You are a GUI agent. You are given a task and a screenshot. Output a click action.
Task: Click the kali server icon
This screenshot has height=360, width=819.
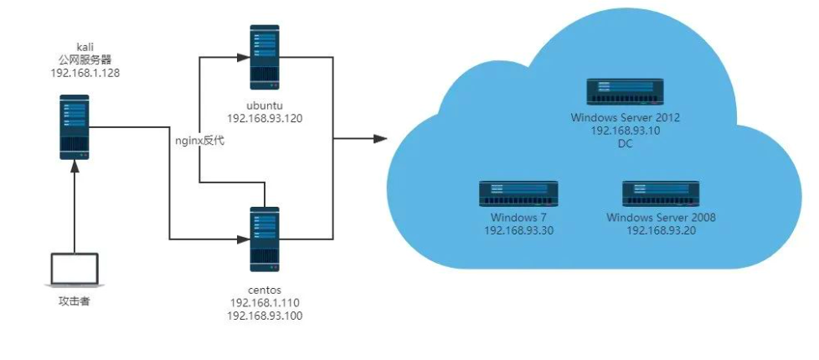click(75, 126)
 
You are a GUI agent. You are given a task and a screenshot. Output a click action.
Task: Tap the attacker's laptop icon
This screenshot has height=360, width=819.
click(74, 270)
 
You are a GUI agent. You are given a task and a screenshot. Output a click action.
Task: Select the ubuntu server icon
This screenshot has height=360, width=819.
click(264, 58)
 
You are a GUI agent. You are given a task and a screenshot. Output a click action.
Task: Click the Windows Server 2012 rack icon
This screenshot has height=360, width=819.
click(625, 92)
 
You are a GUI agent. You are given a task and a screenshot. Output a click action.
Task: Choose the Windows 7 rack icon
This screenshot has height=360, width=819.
click(518, 193)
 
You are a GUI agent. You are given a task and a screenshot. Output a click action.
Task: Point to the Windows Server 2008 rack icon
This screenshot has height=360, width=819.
click(661, 193)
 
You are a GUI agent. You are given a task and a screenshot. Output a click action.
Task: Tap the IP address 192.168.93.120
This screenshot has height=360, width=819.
click(264, 119)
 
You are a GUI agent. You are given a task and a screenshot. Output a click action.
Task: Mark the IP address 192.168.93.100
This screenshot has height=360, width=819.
click(264, 316)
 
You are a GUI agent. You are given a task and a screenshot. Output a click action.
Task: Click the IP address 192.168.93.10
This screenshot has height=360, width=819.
click(625, 131)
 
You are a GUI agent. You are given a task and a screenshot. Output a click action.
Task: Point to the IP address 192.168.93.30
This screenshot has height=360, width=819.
click(518, 230)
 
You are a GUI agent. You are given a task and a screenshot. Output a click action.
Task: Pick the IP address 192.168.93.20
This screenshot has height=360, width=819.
click(661, 230)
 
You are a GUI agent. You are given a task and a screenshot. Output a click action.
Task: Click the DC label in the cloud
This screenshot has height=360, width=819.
click(625, 144)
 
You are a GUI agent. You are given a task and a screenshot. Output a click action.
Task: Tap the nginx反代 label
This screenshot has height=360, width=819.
click(199, 141)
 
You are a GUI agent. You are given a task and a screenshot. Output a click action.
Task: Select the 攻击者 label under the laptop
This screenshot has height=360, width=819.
click(74, 300)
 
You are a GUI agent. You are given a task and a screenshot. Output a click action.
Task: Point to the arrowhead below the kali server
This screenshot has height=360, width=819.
click(75, 167)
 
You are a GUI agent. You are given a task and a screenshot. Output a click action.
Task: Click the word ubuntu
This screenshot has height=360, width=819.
click(264, 105)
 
